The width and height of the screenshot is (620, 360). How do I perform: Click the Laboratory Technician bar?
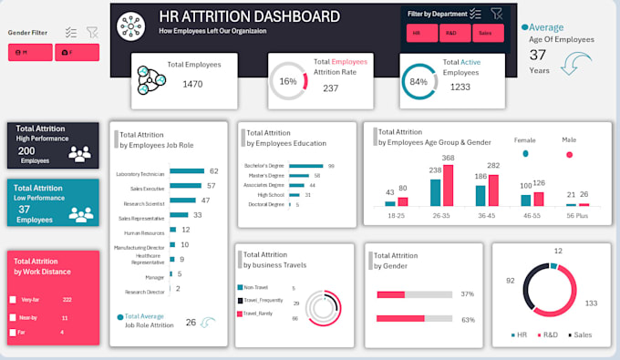coord(186,171)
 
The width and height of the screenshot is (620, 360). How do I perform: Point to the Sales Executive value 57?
coord(212,185)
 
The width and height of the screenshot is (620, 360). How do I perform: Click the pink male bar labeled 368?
coord(448,186)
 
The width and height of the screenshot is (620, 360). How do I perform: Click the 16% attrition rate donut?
coord(289,81)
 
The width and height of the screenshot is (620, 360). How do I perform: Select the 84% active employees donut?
coord(419,82)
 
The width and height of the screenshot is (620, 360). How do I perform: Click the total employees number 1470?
coord(192,84)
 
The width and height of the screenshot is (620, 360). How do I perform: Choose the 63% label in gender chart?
coord(468,319)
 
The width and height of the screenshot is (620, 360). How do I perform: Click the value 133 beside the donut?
coord(591,303)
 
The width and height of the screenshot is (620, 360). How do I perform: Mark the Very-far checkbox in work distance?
coord(13,299)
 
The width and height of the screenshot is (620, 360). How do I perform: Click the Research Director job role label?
coord(144,292)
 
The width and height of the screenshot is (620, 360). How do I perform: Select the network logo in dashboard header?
coord(130,26)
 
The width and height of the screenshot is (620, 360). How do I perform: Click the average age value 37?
coord(538,55)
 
